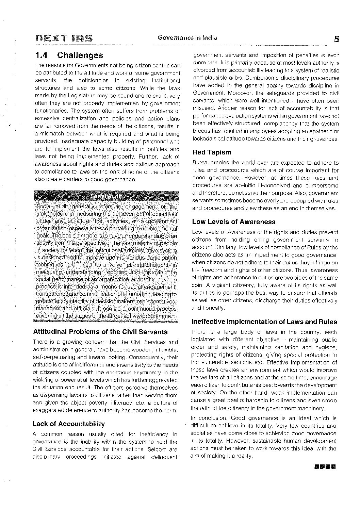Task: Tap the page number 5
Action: [336, 39]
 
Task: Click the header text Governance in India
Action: [187, 38]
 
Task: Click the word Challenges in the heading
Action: [80, 55]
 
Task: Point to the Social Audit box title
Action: [107, 196]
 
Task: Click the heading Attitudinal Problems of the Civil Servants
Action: [100, 332]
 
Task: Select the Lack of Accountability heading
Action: [69, 424]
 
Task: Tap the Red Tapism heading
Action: [212, 152]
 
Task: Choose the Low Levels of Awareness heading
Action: [234, 222]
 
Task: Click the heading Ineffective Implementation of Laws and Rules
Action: [264, 322]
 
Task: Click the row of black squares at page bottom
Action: [325, 466]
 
